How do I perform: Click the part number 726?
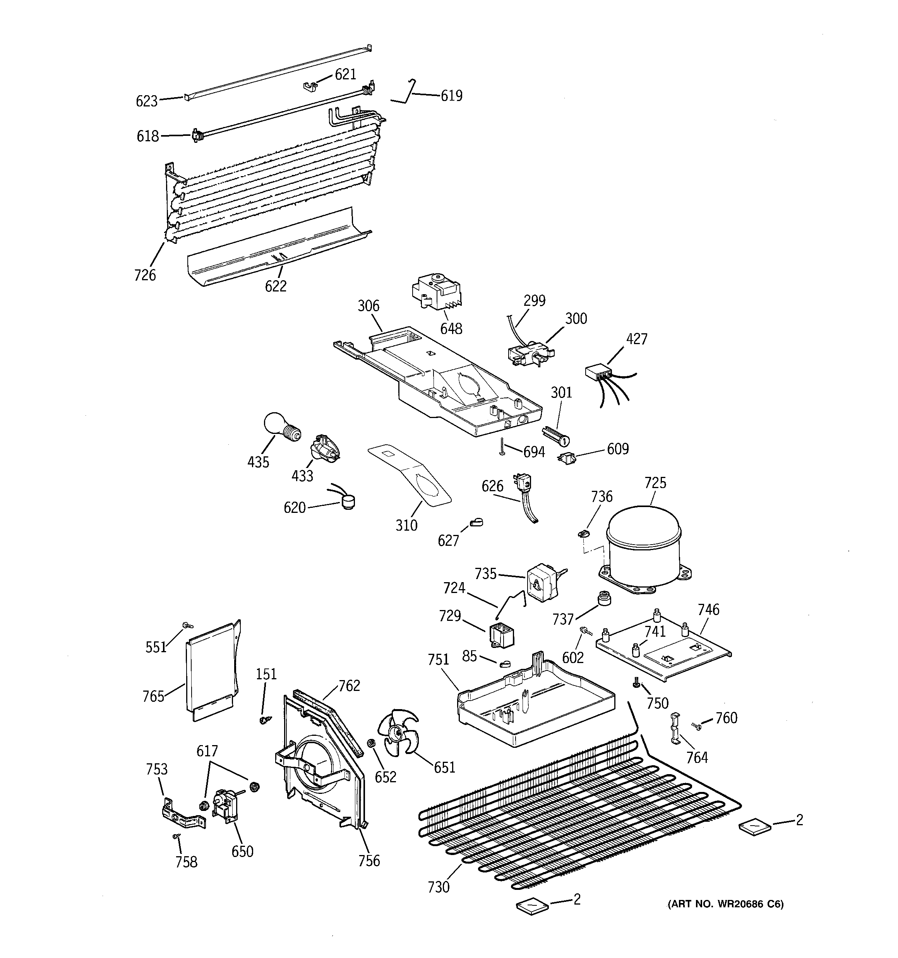pyautogui.click(x=145, y=275)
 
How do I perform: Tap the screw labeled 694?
pyautogui.click(x=503, y=446)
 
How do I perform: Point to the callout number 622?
pyautogui.click(x=276, y=286)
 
